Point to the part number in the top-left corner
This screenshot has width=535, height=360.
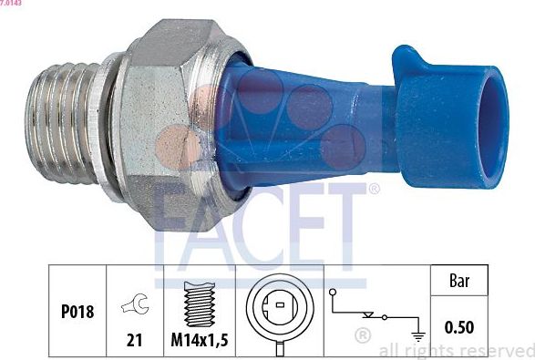[x=12, y=4]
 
